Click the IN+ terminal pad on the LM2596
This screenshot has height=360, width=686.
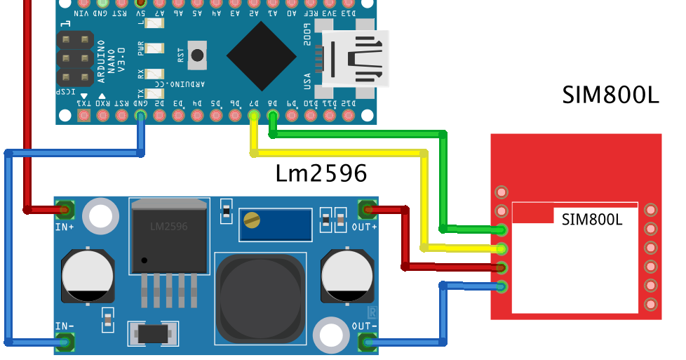click(66, 208)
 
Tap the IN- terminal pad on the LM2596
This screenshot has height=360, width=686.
click(66, 342)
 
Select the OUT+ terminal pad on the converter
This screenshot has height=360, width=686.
click(367, 208)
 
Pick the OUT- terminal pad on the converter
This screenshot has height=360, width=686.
click(367, 342)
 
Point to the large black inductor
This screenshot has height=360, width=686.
click(260, 295)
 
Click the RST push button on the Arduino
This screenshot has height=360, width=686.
click(199, 55)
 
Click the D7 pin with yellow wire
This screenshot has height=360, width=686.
click(253, 114)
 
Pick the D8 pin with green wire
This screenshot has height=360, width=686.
click(272, 114)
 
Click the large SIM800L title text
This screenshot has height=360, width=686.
click(610, 95)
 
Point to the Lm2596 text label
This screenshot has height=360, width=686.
click(321, 173)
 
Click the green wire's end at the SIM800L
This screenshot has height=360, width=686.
click(501, 229)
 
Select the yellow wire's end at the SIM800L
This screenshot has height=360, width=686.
click(501, 248)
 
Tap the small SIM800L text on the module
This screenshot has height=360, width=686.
click(593, 219)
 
